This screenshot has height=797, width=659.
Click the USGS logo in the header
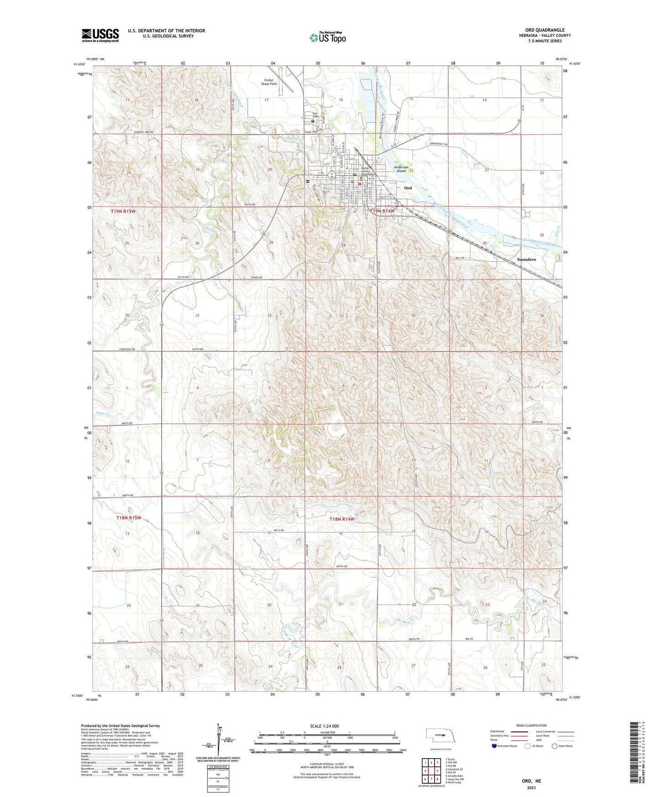click(x=100, y=35)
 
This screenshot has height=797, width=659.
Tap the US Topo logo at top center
click(x=327, y=37)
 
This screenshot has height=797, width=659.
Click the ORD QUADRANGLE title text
click(x=545, y=30)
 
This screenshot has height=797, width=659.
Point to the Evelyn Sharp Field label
click(x=269, y=82)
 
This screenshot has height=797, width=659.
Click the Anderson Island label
click(x=401, y=168)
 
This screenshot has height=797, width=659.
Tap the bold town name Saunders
click(x=526, y=259)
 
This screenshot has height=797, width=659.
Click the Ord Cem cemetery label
click(x=315, y=115)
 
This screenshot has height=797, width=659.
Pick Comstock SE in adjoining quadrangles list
click(x=455, y=769)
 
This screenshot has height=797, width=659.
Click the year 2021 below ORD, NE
click(x=531, y=788)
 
